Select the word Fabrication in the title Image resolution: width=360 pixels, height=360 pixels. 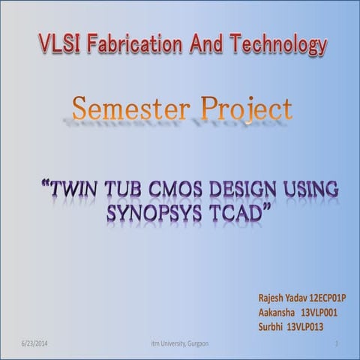coord(132,46)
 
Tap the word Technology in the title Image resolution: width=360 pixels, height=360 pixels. coord(282,46)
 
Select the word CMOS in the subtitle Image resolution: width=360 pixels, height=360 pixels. coord(187,183)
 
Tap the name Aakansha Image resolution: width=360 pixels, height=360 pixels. coord(277,313)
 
